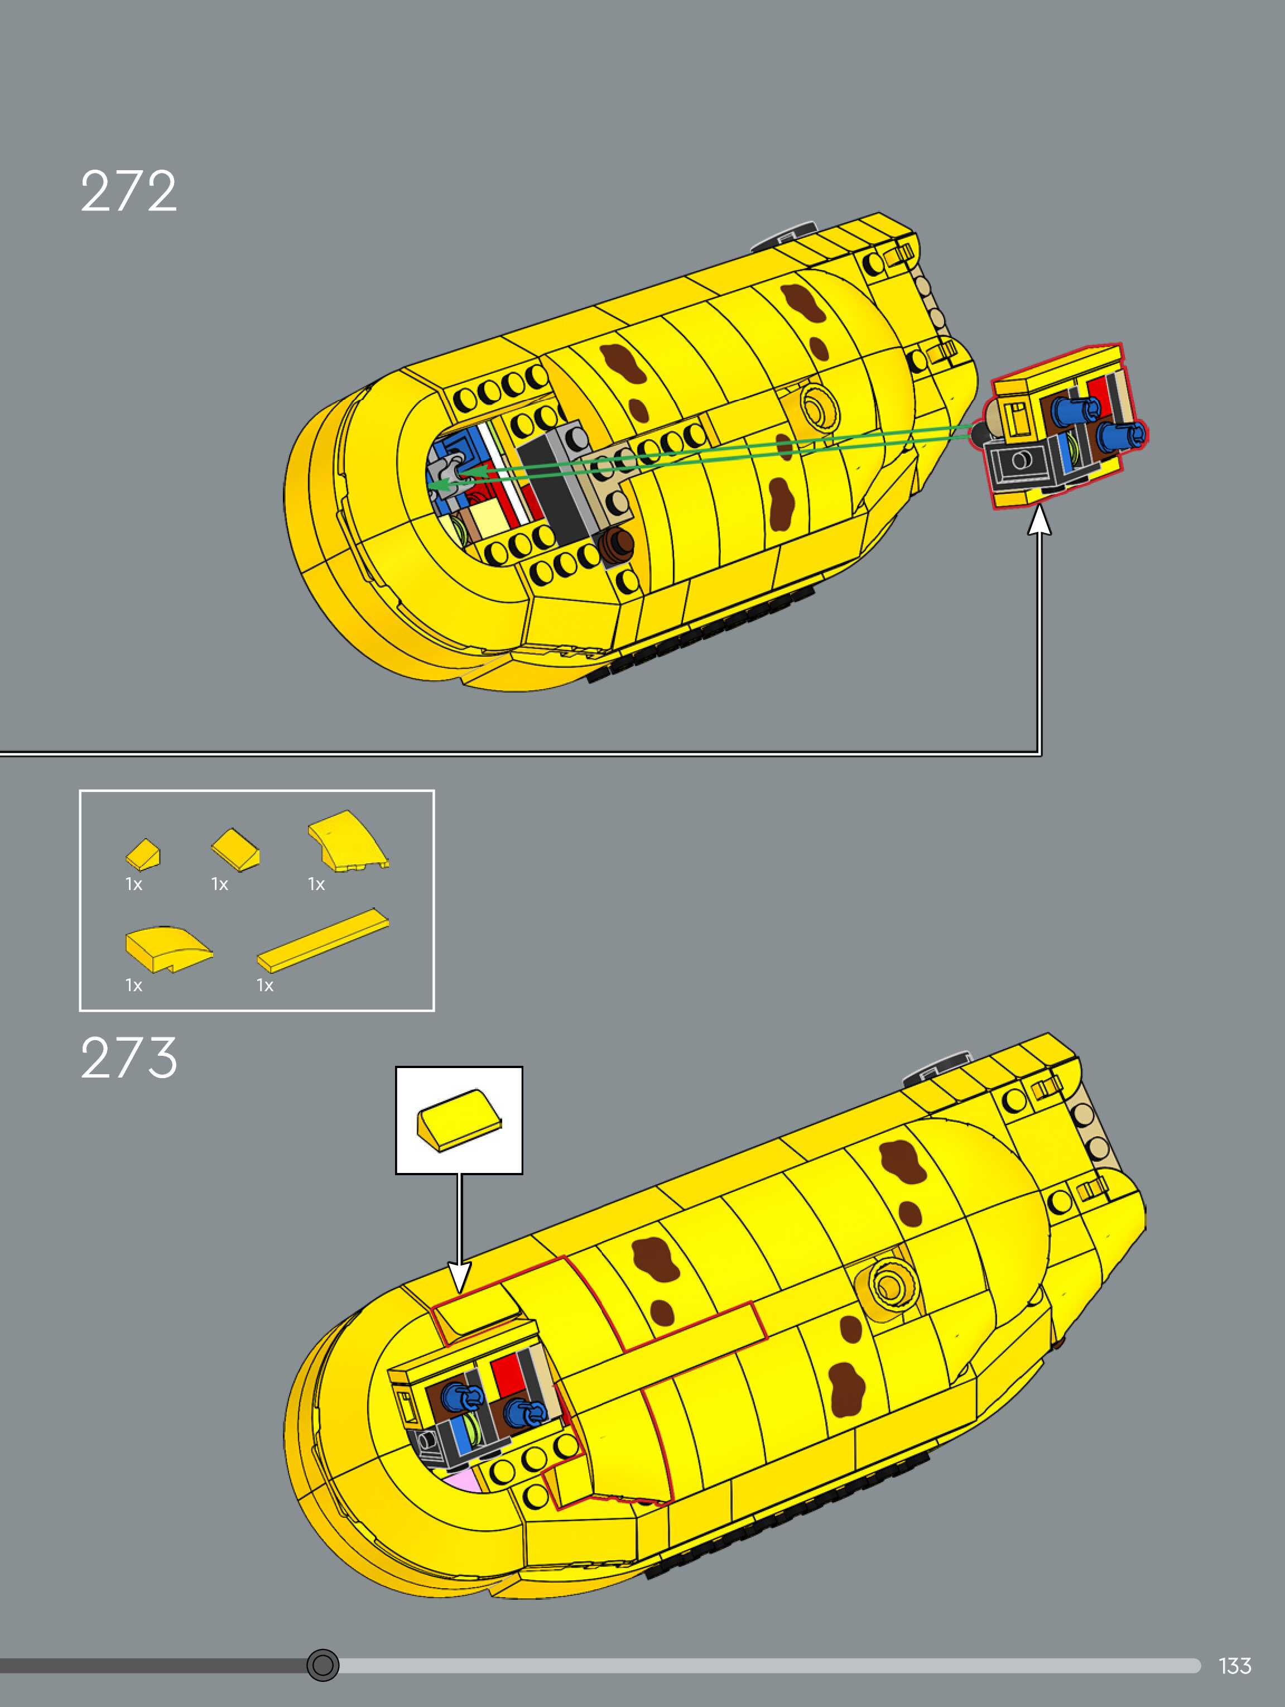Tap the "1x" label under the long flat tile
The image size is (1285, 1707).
coord(264,985)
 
